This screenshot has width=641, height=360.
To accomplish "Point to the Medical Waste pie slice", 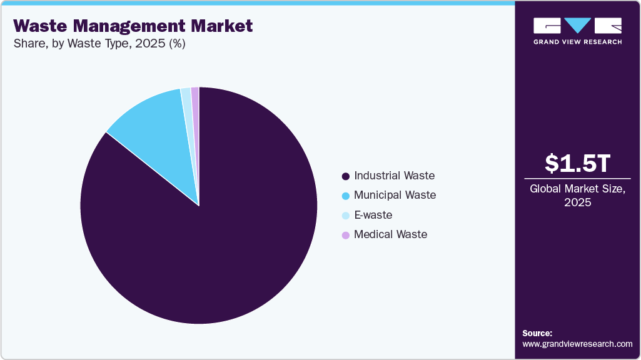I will [195, 100].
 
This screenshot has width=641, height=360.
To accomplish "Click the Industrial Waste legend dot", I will [345, 176].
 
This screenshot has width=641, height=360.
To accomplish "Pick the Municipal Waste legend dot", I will [345, 196].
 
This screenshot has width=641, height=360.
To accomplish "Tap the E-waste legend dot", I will [345, 216].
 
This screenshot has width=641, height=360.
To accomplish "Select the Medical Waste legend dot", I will [345, 235].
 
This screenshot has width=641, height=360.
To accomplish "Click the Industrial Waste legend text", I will [394, 176].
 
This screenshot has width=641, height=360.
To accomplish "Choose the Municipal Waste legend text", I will [395, 195].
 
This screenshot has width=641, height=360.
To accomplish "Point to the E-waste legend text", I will [373, 215].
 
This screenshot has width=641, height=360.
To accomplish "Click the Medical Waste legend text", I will [390, 234].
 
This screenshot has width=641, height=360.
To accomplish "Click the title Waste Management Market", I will [133, 26].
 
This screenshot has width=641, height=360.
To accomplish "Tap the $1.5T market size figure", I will [577, 163].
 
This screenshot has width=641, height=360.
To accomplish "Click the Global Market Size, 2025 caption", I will [577, 195].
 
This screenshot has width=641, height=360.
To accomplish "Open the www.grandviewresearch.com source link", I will [577, 344].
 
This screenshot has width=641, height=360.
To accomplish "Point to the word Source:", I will [537, 333].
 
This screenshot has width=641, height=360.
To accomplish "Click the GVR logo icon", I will [577, 26].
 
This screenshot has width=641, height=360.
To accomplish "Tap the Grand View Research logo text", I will [577, 42].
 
